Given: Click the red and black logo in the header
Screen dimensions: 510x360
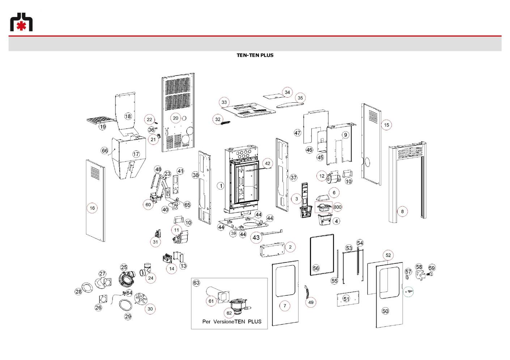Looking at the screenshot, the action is click(21, 22).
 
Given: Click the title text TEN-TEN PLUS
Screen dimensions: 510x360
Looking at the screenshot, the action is click(255, 55).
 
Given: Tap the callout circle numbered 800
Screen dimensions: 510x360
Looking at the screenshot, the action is click(337, 207).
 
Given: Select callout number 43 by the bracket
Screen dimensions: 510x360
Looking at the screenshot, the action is click(256, 237).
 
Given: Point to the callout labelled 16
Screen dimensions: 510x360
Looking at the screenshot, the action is click(92, 208).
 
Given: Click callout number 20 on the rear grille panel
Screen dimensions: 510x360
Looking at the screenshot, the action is click(175, 118).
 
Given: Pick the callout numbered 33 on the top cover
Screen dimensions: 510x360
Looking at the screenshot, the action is click(224, 102).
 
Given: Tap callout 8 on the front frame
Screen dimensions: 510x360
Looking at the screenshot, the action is click(402, 211).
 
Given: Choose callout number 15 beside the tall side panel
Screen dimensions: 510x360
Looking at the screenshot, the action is click(387, 125).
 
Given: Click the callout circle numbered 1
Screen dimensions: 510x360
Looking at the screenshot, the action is click(221, 186).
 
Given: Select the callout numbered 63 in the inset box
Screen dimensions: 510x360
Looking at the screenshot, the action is click(196, 283).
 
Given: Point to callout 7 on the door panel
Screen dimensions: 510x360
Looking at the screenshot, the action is click(285, 306).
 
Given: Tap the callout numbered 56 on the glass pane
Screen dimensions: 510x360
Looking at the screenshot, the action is click(316, 268).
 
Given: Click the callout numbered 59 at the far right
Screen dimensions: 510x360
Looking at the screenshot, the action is click(432, 268).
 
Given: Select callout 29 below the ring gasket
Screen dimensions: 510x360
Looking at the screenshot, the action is click(128, 316).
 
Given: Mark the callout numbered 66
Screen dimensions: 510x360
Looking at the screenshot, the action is click(105, 151).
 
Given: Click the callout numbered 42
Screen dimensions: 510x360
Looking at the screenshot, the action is click(268, 163).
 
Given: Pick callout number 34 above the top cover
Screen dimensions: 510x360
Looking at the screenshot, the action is click(287, 92).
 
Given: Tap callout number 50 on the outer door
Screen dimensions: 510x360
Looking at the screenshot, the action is click(385, 311).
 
